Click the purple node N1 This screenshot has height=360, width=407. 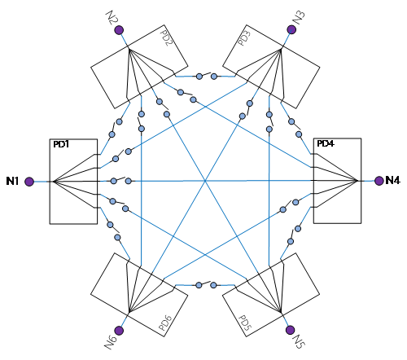(x=29, y=182)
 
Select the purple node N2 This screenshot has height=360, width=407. (x=119, y=30)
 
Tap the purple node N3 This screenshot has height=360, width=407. (x=291, y=29)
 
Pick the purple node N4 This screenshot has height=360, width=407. (x=379, y=181)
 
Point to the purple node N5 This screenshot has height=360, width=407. (x=291, y=330)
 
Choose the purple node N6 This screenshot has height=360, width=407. (x=119, y=331)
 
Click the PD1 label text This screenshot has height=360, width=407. (x=61, y=144)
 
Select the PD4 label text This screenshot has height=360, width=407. (x=326, y=143)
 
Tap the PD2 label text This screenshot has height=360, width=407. (x=166, y=37)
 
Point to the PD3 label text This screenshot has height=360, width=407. (x=244, y=37)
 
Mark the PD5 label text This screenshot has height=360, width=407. (x=245, y=323)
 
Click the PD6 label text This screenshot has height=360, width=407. (x=165, y=323)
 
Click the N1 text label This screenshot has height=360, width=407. (x=12, y=181)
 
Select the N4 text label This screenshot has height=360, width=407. (x=392, y=180)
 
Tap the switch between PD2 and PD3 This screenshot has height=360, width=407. (x=207, y=76)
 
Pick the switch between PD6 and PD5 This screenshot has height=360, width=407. (x=206, y=285)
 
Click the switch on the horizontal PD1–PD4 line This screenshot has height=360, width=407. (x=121, y=180)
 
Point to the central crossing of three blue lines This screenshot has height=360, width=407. (x=205, y=181)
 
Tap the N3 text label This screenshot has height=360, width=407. (x=300, y=18)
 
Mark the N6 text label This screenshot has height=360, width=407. (x=111, y=343)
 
